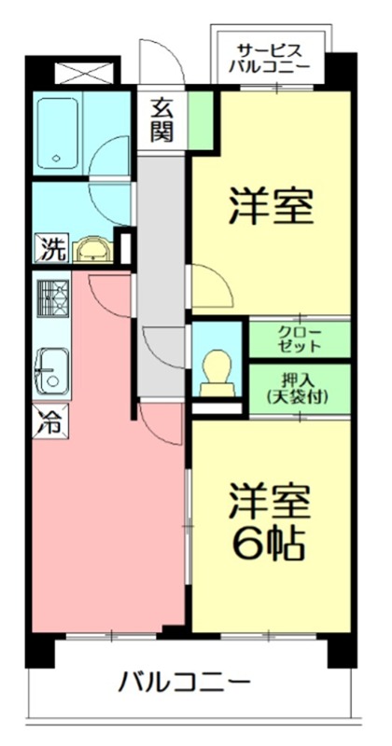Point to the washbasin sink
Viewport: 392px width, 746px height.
click(x=92, y=250)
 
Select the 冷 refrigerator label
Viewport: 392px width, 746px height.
click(x=50, y=421)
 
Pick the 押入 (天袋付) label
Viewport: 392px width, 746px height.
click(x=300, y=387)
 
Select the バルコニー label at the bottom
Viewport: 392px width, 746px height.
click(x=183, y=682)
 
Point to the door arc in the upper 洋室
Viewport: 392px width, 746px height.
click(x=209, y=284)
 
